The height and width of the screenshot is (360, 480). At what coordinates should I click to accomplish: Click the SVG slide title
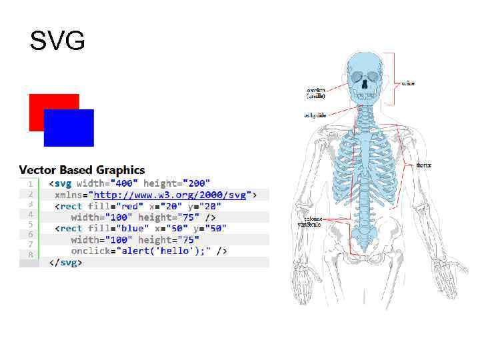(57, 41)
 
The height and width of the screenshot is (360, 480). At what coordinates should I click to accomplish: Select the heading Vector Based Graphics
(82, 170)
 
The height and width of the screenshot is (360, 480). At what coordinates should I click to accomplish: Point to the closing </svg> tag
(65, 262)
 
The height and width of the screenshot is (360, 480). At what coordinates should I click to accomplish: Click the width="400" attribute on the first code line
(107, 183)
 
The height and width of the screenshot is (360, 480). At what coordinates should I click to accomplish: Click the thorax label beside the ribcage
(423, 165)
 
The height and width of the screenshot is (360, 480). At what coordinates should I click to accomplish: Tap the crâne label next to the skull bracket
(408, 83)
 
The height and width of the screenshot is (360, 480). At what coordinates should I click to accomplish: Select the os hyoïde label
(315, 115)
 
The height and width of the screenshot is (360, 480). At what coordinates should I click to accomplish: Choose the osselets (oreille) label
(317, 93)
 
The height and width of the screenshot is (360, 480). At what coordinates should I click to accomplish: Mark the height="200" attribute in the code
(177, 183)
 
